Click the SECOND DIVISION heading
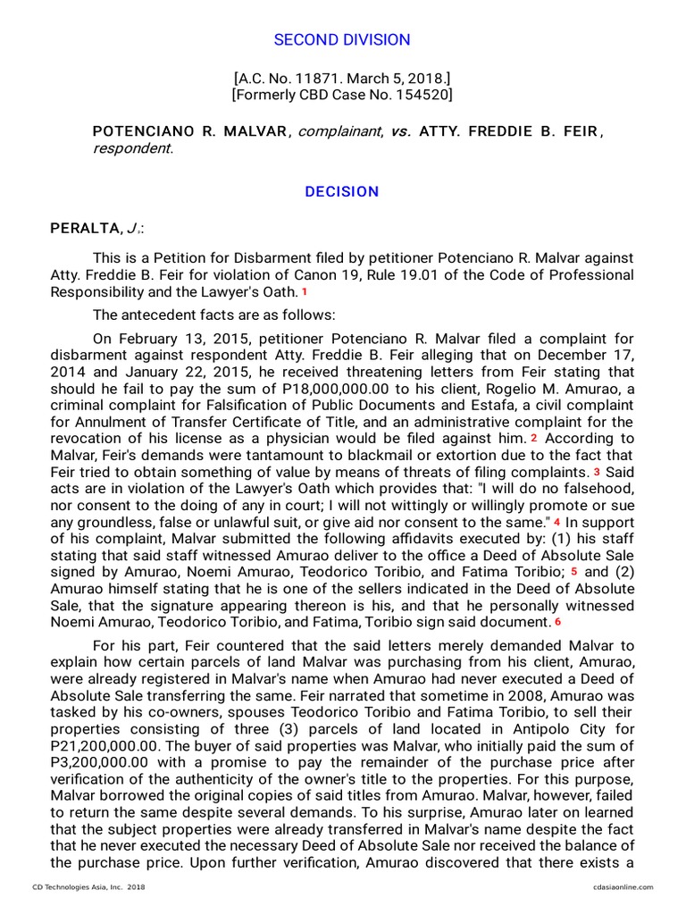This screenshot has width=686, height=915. pos(342,40)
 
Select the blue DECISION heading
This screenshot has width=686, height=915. pos(342,192)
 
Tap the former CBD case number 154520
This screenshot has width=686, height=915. pos(425,95)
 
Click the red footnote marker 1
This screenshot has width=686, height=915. pos(305,292)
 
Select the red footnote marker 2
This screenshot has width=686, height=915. pos(534,438)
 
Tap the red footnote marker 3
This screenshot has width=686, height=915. pos(598,471)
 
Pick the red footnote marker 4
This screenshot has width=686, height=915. pos(557,521)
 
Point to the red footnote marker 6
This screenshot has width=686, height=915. pos(557,621)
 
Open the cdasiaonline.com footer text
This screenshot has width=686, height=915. pos(622,887)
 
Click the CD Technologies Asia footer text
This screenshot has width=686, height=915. pos(88,887)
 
